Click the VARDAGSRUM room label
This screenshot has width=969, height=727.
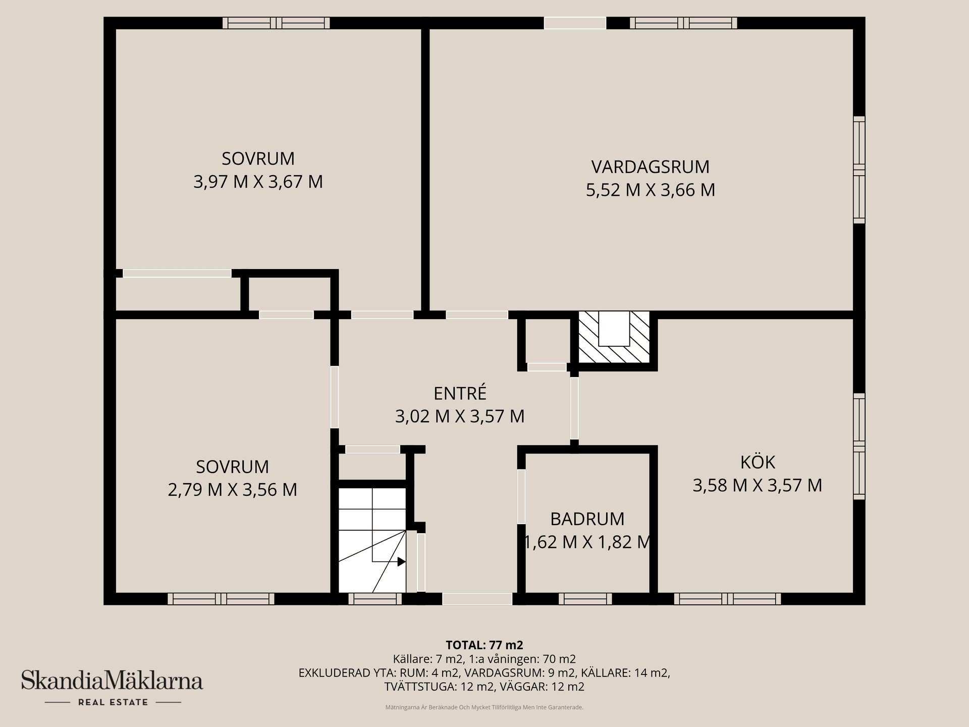coord(650,167)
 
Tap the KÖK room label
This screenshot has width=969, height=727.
coord(757,462)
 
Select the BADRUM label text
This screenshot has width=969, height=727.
coord(587,519)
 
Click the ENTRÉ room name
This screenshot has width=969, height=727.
coord(460,393)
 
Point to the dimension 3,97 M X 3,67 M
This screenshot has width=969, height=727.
coord(258,182)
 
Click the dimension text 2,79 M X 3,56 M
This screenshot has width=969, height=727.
coord(232,490)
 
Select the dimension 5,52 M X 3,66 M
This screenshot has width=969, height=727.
coord(650,190)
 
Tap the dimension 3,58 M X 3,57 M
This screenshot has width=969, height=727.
coord(757,486)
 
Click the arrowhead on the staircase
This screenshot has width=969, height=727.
coord(402,561)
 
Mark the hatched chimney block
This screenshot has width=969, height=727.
coord(614,337)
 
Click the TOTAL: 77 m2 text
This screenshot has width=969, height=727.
coord(484,645)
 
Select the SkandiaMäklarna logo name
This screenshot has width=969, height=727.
coord(112,681)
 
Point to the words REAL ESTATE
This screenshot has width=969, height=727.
coord(113,702)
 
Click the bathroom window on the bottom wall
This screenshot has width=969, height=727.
coord(585,599)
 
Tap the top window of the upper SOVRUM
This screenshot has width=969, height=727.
coord(276,23)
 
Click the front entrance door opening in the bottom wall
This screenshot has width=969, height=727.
coord(477,599)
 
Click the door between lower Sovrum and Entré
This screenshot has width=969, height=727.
coord(334,398)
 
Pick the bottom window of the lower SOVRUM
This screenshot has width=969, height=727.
coord(221,599)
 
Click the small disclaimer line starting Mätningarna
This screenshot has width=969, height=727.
coord(484,707)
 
